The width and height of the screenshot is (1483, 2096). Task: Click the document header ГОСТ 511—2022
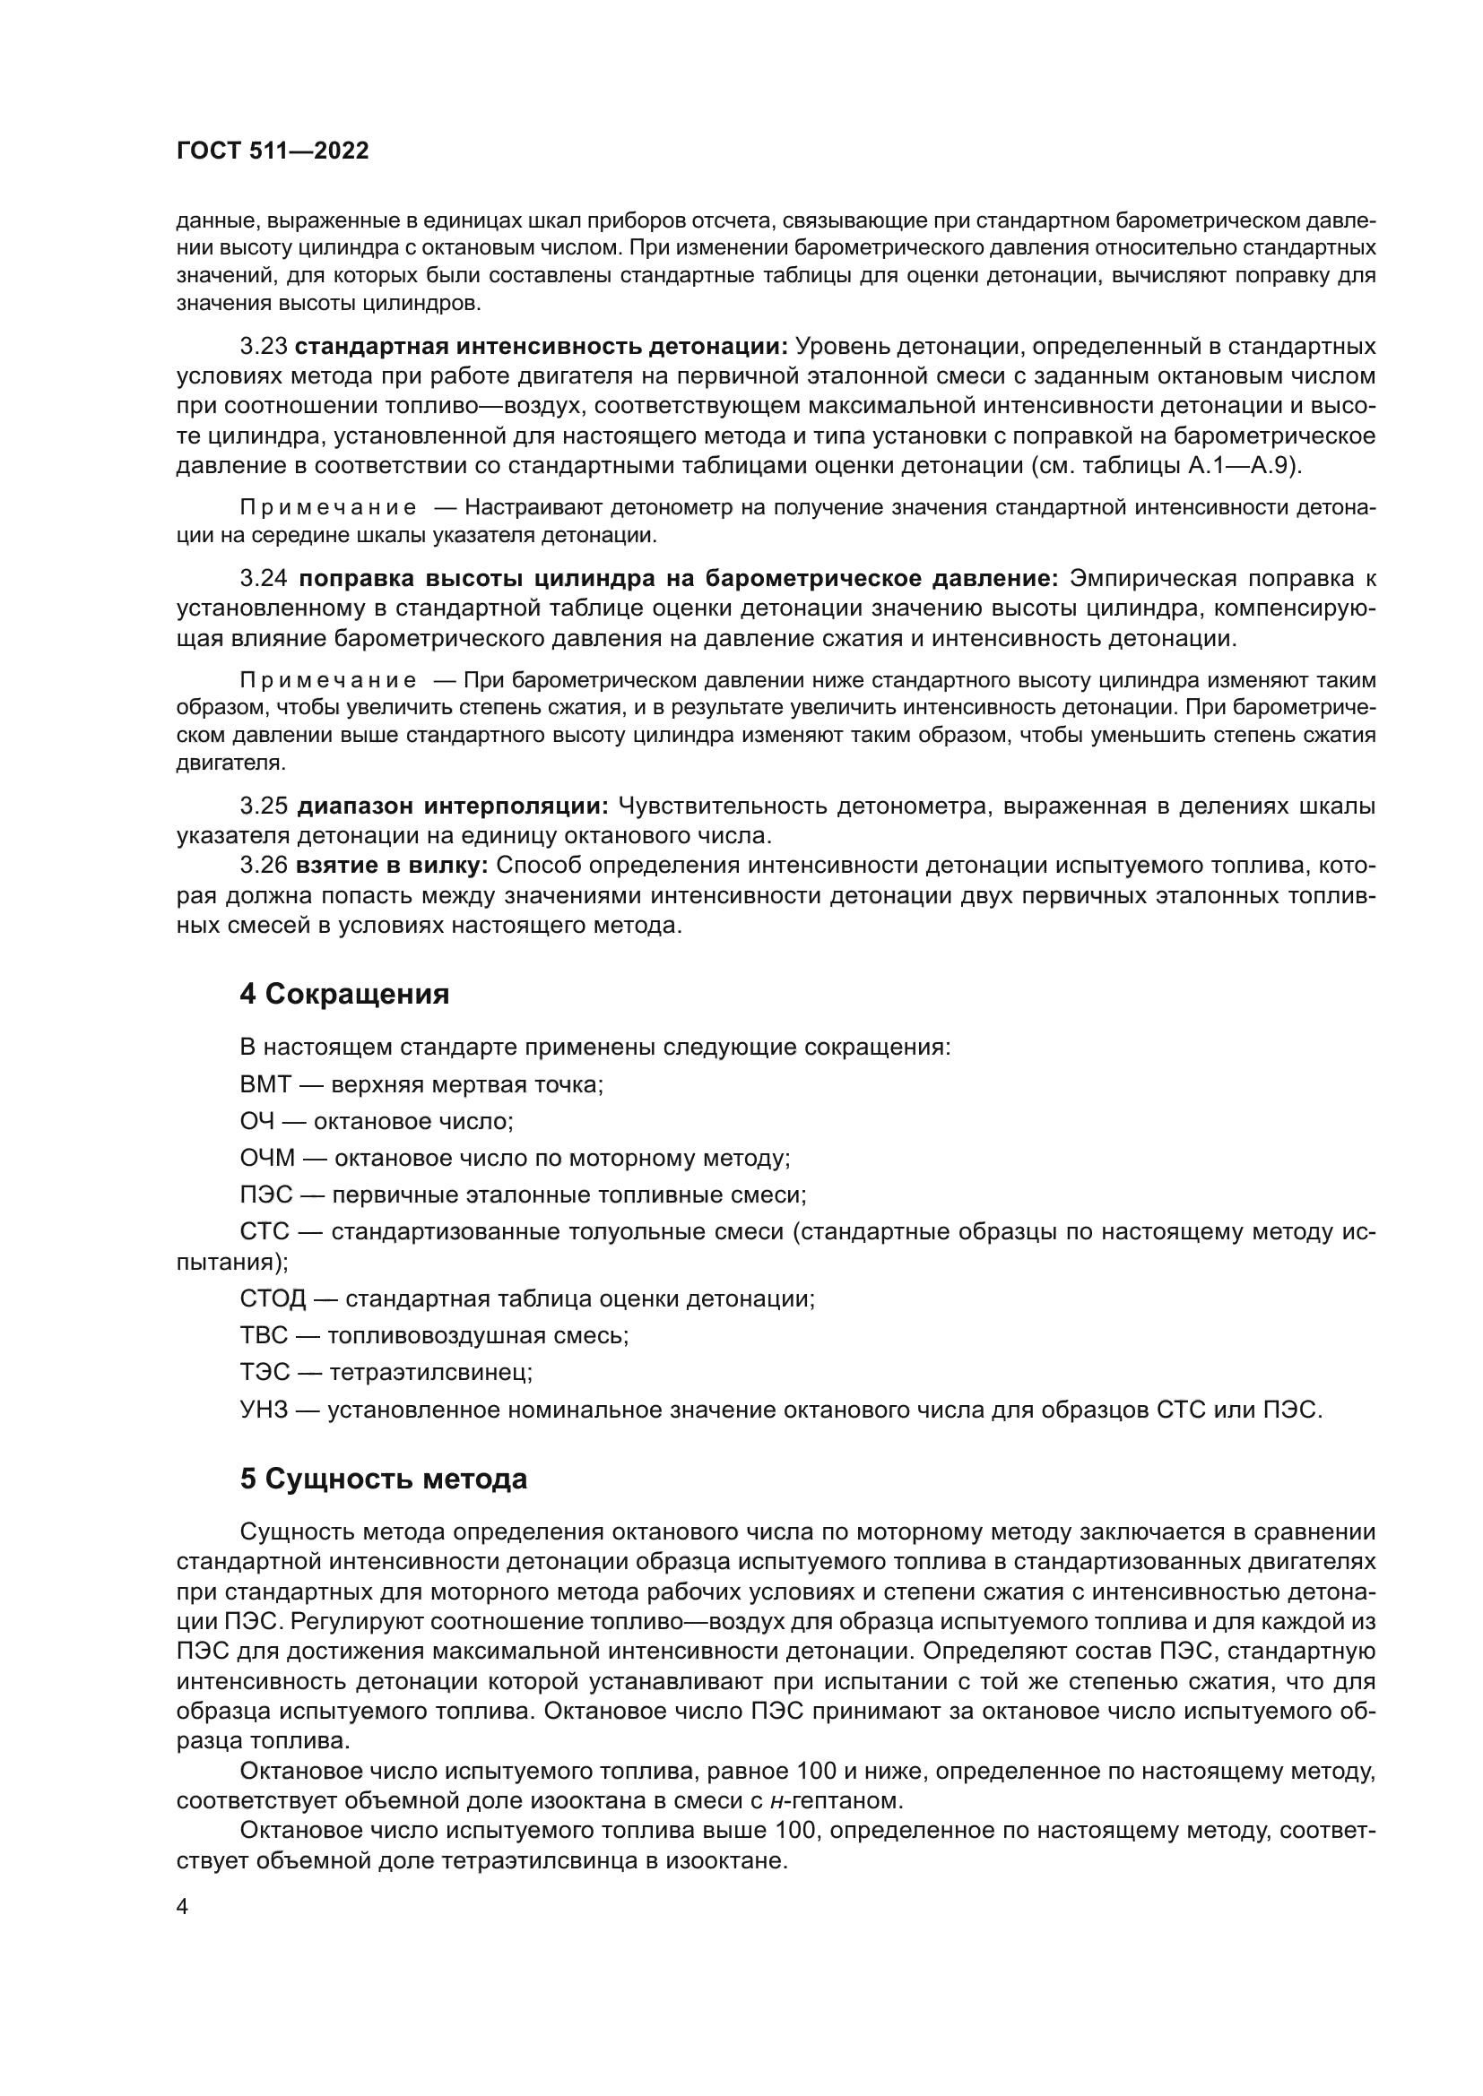[x=273, y=151]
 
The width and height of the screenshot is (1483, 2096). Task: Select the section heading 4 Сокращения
[x=344, y=994]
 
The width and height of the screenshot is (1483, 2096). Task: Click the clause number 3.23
[x=263, y=347]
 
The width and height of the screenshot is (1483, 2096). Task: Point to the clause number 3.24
[x=263, y=579]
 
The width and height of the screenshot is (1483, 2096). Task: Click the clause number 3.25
[x=263, y=806]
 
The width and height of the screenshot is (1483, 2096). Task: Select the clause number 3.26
[x=263, y=866]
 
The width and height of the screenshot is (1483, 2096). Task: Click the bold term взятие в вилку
[x=393, y=866]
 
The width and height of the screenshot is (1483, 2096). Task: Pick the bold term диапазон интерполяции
[x=453, y=806]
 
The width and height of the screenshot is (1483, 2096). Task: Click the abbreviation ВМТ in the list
[x=265, y=1084]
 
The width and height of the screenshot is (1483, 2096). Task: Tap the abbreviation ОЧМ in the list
[x=267, y=1159]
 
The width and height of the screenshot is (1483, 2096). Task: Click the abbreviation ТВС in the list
[x=264, y=1335]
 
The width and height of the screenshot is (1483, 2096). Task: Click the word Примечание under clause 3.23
[x=328, y=508]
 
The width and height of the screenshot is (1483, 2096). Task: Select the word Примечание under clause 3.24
[x=328, y=681]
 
